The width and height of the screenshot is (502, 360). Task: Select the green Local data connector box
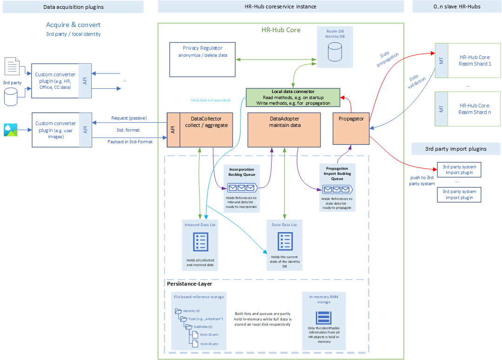coord(293,97)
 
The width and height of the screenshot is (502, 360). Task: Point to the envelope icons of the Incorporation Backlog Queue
coord(241,188)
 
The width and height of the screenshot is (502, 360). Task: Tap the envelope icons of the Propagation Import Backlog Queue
coord(337,189)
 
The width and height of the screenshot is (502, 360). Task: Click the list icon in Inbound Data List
coord(201,242)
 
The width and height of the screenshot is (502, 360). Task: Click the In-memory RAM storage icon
coord(324,318)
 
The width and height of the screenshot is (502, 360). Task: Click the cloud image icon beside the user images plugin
coord(11,130)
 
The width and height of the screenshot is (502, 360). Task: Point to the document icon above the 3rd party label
coord(11,67)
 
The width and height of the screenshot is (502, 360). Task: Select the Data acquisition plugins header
coord(73,7)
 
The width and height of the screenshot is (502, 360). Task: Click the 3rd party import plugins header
coord(455,149)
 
